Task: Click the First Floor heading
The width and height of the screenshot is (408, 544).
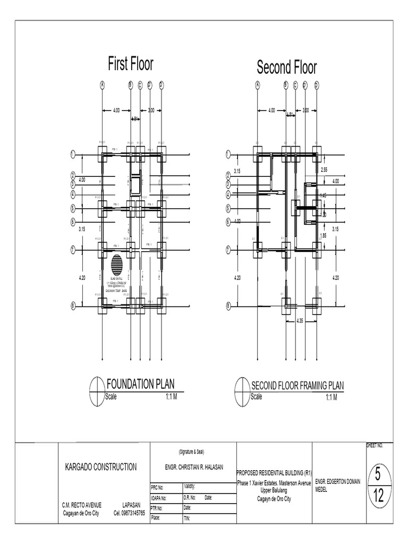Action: [131, 64]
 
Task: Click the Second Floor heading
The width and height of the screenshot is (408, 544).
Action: [287, 67]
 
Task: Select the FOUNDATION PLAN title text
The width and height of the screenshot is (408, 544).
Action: [140, 384]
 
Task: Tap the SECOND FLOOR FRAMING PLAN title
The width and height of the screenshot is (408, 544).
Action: [297, 385]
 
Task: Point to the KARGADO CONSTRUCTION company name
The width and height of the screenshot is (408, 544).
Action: [101, 467]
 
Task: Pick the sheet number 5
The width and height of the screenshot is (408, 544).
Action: [378, 472]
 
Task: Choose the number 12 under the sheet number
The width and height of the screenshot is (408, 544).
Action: [378, 496]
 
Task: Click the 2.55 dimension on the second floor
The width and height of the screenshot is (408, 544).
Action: [324, 169]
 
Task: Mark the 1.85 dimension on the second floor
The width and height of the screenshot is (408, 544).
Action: [323, 235]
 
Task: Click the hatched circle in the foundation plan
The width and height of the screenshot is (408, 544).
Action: [118, 264]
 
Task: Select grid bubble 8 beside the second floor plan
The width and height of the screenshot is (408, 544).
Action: [228, 306]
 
